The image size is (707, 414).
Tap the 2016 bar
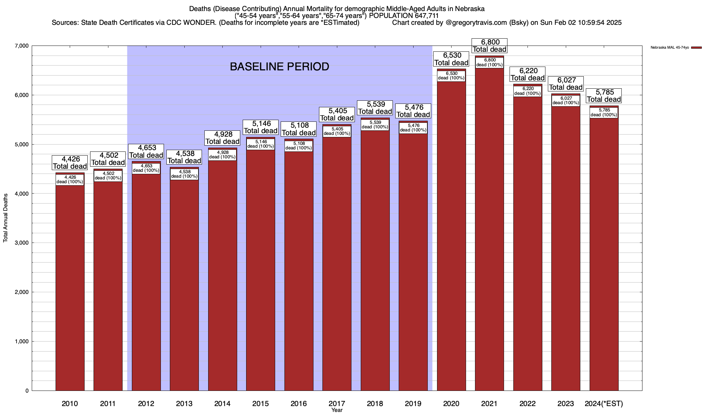point(299,269)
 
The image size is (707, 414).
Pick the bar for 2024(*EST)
point(604,255)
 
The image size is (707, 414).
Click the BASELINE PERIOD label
point(279,67)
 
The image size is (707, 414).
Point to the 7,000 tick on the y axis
point(22,46)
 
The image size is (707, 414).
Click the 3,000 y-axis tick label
point(22,243)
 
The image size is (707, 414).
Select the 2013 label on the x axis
point(184,404)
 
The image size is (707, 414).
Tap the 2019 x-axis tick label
point(413,404)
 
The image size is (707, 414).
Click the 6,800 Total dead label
point(489,46)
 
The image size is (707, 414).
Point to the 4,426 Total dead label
point(70,163)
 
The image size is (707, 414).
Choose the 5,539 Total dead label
point(375,108)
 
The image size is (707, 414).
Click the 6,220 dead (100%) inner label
point(527,91)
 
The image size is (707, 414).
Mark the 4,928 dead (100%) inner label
point(222,155)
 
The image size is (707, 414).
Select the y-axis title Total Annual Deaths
point(6,218)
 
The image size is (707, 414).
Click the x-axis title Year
point(337,410)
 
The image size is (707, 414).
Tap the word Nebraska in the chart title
point(471,9)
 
